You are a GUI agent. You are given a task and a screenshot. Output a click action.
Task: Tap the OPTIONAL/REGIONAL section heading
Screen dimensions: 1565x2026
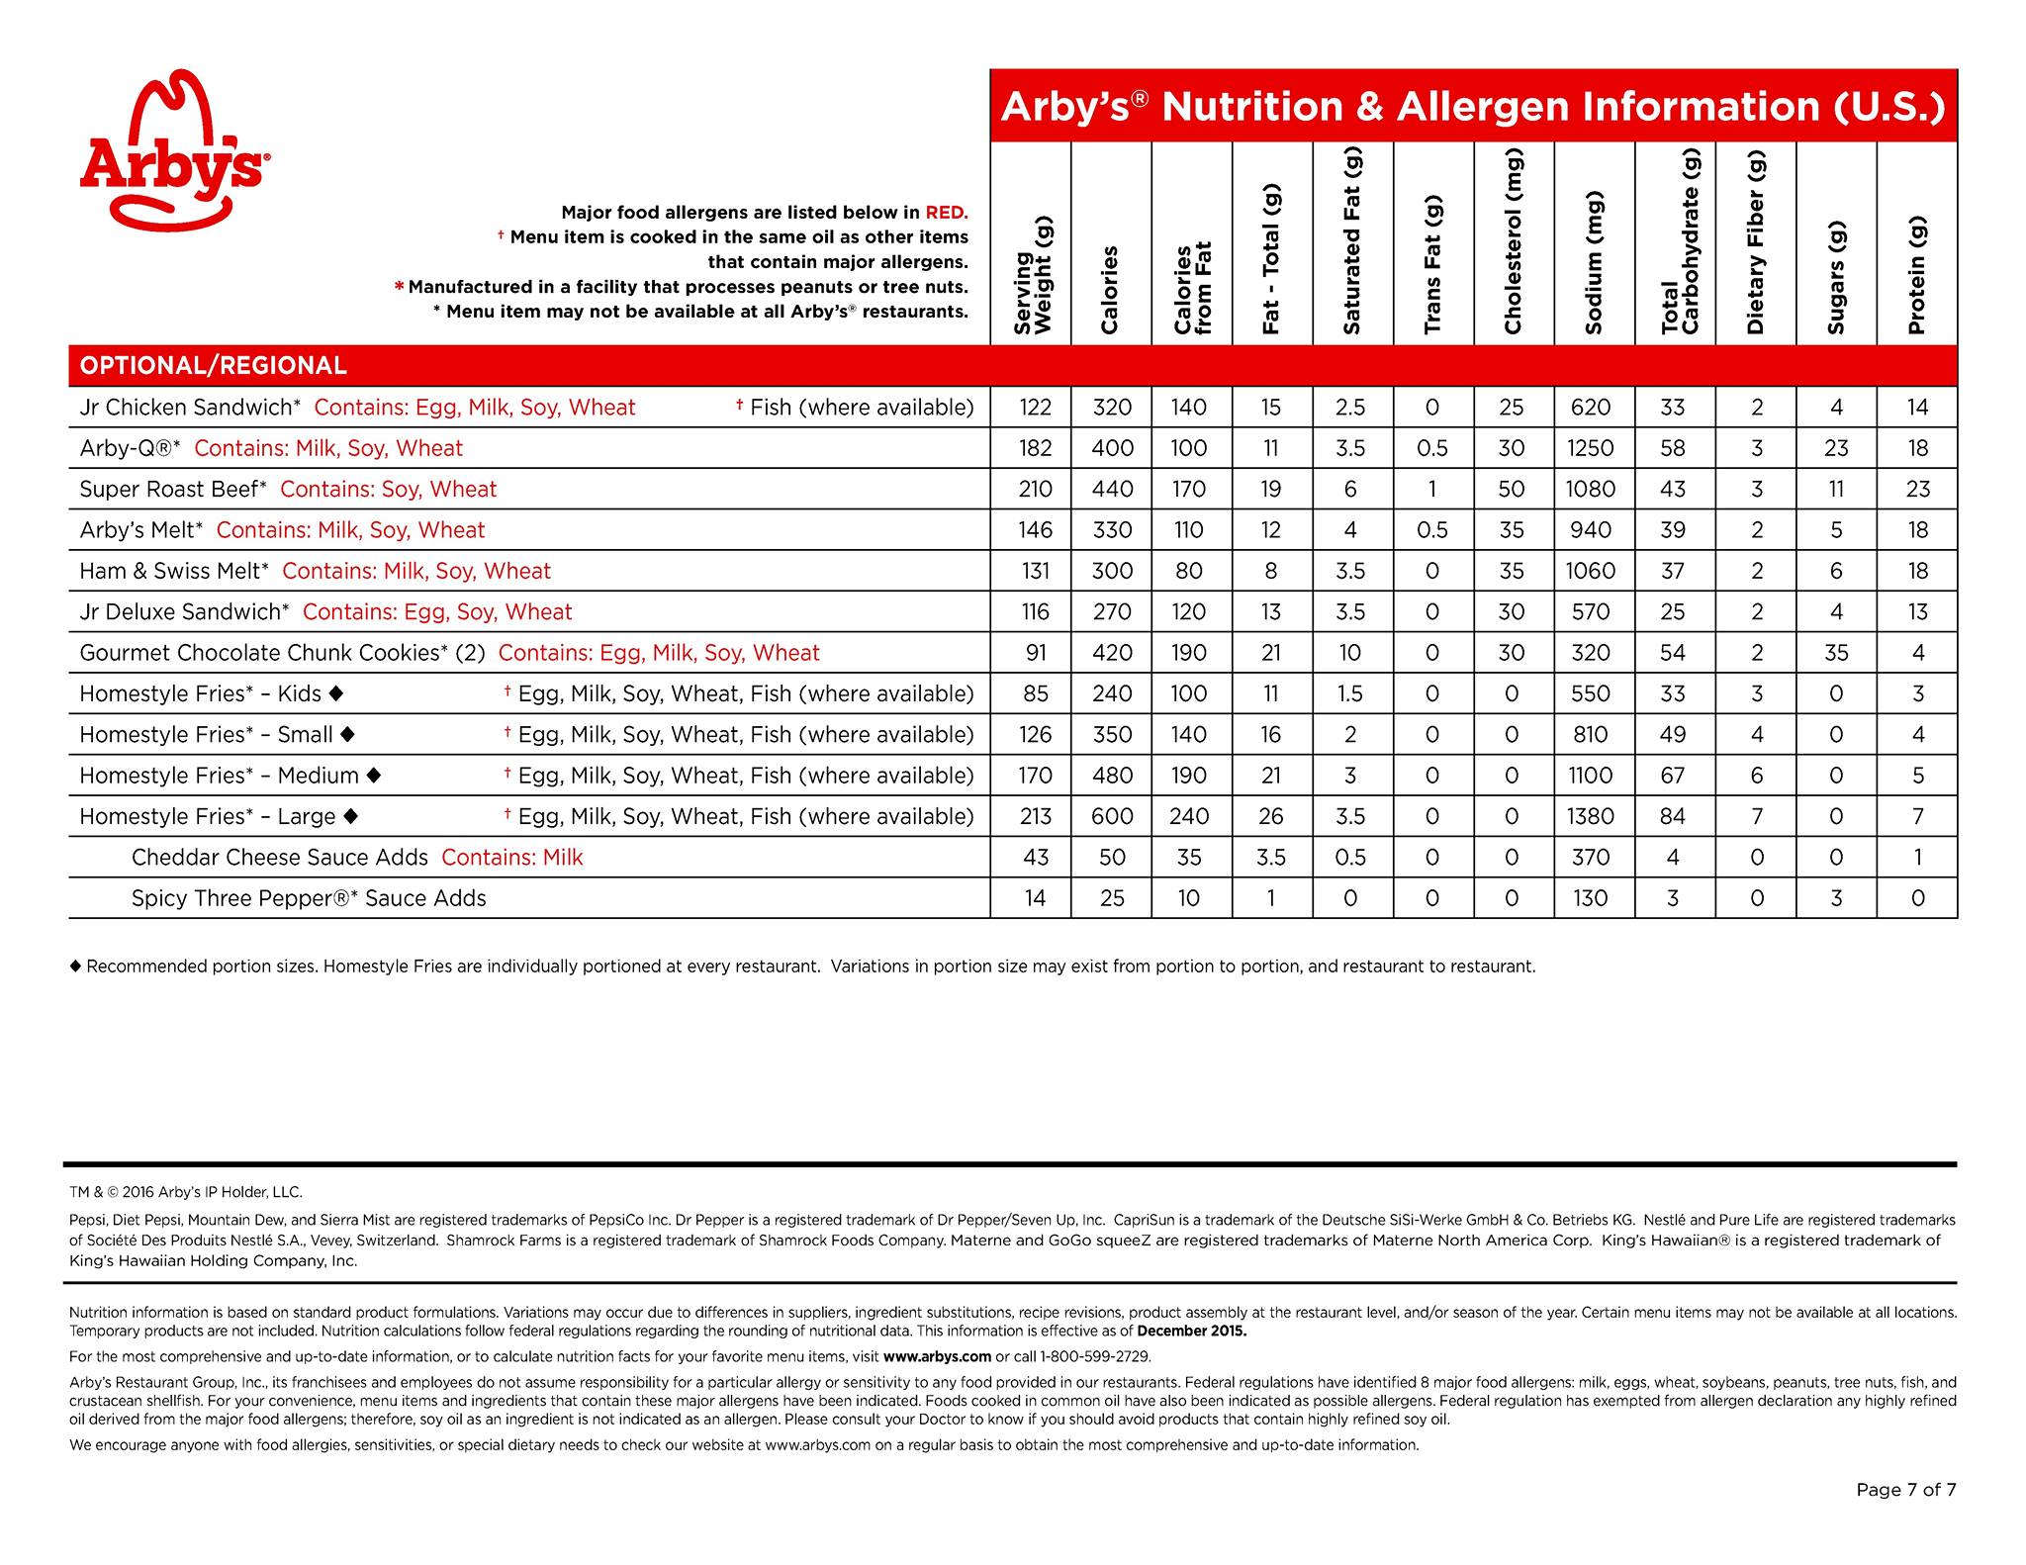[214, 366]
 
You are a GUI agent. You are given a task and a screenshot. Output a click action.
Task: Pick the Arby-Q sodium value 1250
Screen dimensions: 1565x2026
[1590, 448]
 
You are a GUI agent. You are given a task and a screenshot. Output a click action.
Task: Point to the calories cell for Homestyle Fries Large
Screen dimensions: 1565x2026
[1112, 816]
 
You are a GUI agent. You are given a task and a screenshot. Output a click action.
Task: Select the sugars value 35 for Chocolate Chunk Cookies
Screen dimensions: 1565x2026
[1836, 653]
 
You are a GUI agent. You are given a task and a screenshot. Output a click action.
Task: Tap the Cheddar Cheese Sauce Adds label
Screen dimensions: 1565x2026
[280, 858]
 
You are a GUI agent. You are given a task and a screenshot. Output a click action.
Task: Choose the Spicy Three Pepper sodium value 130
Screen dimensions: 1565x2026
[1590, 898]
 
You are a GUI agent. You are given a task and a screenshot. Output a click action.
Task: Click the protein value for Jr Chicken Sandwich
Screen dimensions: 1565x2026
[1917, 408]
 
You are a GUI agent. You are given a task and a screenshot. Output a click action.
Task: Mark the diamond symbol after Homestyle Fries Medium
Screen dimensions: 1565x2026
[373, 776]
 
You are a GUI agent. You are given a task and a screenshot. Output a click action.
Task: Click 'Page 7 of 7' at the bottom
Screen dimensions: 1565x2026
[1905, 1490]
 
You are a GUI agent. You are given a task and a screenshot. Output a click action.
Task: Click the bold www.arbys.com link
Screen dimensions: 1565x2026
[937, 1356]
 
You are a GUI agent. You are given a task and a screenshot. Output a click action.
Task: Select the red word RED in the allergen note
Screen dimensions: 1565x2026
[946, 213]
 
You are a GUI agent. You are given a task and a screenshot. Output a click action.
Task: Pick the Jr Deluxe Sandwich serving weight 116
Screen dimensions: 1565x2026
[1035, 612]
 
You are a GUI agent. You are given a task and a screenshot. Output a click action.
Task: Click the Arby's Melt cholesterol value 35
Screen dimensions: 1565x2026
[1511, 530]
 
